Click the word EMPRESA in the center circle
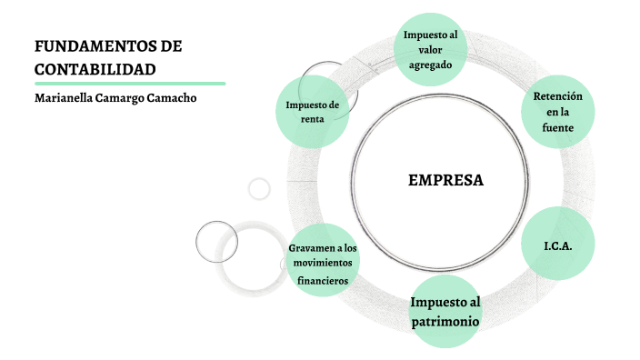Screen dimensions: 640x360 click(x=445, y=180)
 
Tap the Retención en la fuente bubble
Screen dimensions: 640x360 click(x=558, y=112)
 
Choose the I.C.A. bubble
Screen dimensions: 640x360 click(x=557, y=245)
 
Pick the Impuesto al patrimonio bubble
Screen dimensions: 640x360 click(x=444, y=312)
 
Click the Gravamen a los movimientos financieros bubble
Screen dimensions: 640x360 click(x=323, y=264)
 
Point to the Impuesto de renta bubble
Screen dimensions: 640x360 click(x=312, y=112)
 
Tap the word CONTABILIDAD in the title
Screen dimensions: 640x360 click(x=95, y=69)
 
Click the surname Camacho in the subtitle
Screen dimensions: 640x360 click(x=170, y=98)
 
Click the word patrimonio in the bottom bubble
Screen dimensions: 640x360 click(x=444, y=322)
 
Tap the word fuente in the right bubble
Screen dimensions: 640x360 click(x=558, y=128)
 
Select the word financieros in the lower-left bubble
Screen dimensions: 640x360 click(x=323, y=280)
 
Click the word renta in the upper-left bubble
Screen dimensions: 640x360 click(x=312, y=119)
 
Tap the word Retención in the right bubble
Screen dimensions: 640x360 click(x=558, y=95)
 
